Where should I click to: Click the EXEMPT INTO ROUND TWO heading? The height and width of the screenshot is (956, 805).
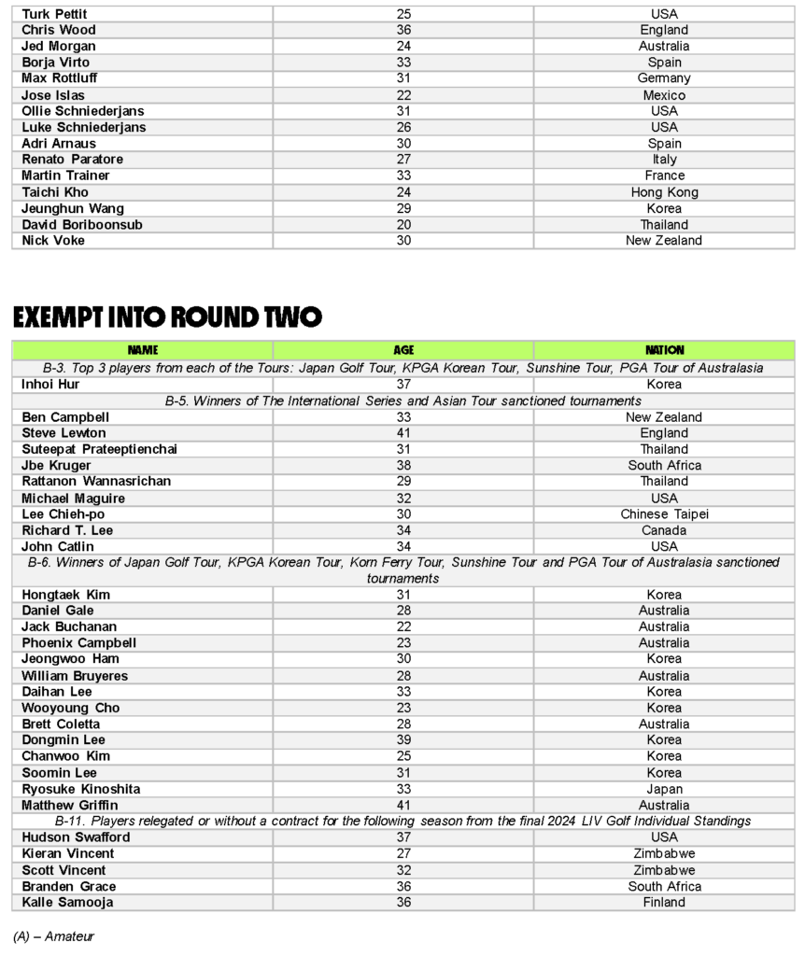(168, 317)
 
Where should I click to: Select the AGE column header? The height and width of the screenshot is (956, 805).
(403, 350)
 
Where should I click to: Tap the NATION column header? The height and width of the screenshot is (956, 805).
(664, 350)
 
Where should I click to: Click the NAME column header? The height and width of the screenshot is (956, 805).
(143, 350)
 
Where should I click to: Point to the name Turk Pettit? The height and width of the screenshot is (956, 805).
(55, 14)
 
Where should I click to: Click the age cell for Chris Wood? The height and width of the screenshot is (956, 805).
(403, 30)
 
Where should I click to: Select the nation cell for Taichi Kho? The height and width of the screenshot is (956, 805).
(664, 192)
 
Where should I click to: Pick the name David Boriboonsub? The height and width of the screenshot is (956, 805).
(82, 225)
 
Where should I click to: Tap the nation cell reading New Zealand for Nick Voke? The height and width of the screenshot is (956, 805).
(664, 241)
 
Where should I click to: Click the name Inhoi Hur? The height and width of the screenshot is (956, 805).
(50, 384)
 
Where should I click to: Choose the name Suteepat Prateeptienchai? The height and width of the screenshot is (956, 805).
(100, 449)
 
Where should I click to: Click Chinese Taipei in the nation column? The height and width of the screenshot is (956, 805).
(664, 514)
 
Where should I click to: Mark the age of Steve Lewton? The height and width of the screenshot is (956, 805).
(403, 433)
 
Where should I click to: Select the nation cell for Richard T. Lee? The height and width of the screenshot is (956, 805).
(664, 530)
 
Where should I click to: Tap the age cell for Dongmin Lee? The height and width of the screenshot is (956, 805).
(403, 740)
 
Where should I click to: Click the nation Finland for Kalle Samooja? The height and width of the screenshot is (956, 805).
(664, 903)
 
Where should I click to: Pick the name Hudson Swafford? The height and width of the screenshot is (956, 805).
(76, 837)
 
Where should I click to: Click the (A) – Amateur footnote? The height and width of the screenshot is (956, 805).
(53, 935)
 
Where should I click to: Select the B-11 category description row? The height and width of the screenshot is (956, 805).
(403, 822)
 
